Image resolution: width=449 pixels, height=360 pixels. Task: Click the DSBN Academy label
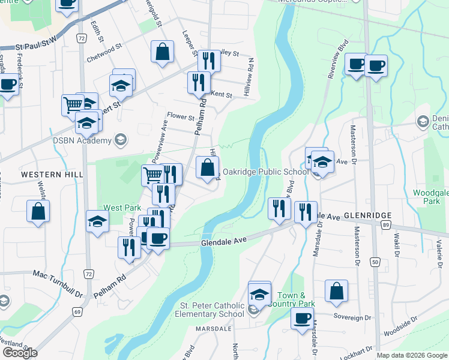click(82, 140)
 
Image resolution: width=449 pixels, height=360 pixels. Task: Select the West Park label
click(122, 208)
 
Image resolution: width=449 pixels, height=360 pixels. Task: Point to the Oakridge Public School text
click(265, 172)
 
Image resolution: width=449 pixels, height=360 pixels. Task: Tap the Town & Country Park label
click(295, 299)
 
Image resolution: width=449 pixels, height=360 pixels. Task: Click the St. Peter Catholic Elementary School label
click(213, 310)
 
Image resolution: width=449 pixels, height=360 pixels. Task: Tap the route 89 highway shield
click(385, 224)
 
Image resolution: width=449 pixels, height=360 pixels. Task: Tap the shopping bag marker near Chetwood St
click(162, 52)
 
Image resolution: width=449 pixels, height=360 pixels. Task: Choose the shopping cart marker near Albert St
click(73, 105)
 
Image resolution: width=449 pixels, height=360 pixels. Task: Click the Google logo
click(20, 353)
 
